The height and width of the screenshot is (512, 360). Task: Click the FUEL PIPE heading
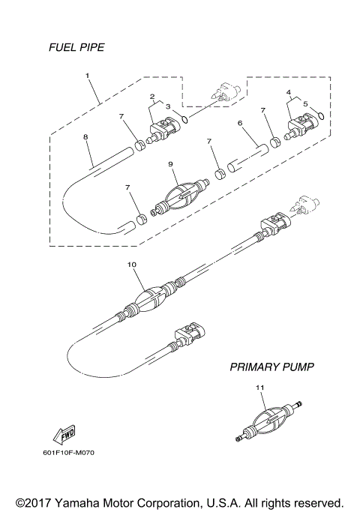point(76,47)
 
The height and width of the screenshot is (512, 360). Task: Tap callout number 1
point(88,76)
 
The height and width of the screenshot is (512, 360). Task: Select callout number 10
point(132,265)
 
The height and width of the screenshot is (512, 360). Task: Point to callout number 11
point(260,388)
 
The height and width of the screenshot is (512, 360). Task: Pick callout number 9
point(171,163)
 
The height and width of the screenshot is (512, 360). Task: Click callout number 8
point(85,137)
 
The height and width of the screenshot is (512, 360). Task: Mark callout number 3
point(168,107)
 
